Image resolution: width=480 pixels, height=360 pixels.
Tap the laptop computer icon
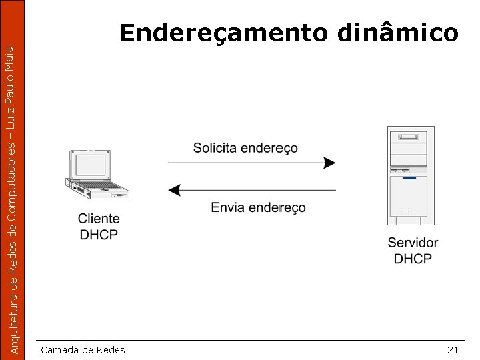[97, 175]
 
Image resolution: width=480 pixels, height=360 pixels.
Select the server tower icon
[410, 176]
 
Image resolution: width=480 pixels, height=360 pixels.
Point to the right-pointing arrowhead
[329, 162]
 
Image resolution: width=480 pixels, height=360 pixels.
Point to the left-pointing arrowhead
[175, 190]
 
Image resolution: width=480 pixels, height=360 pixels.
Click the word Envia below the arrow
[227, 208]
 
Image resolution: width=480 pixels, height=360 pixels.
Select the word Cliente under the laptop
[99, 219]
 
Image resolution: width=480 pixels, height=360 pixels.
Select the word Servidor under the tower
[413, 243]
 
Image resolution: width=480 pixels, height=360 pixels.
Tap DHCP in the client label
[99, 235]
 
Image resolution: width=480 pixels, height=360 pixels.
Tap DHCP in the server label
[413, 259]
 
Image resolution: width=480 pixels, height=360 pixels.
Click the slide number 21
[453, 350]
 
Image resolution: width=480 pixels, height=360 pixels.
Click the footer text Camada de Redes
[83, 350]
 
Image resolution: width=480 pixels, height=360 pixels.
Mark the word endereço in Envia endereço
[277, 208]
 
